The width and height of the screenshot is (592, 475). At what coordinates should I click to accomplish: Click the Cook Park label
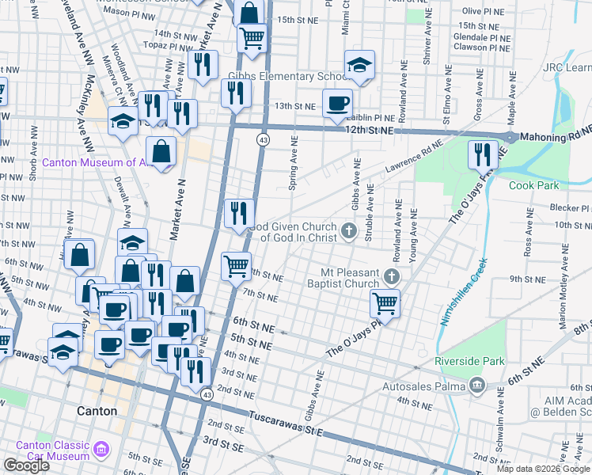tap(533, 185)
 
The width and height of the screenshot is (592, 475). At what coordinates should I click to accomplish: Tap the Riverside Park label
tap(469, 361)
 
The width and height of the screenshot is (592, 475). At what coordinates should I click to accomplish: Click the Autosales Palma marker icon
tap(476, 386)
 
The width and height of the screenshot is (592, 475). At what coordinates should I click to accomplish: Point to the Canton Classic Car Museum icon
tap(101, 451)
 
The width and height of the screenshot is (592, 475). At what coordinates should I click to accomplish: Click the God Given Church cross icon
tap(348, 231)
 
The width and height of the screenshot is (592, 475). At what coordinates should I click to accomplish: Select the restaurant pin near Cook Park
tap(483, 154)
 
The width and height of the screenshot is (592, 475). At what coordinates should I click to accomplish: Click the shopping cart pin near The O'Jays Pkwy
tap(385, 301)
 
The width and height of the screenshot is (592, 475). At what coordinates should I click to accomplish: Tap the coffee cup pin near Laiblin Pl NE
tap(338, 103)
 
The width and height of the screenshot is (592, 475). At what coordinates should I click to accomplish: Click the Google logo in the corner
tap(26, 465)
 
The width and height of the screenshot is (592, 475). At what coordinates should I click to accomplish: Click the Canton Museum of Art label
tap(93, 162)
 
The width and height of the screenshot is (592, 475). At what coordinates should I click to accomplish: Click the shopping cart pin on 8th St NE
tap(236, 266)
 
